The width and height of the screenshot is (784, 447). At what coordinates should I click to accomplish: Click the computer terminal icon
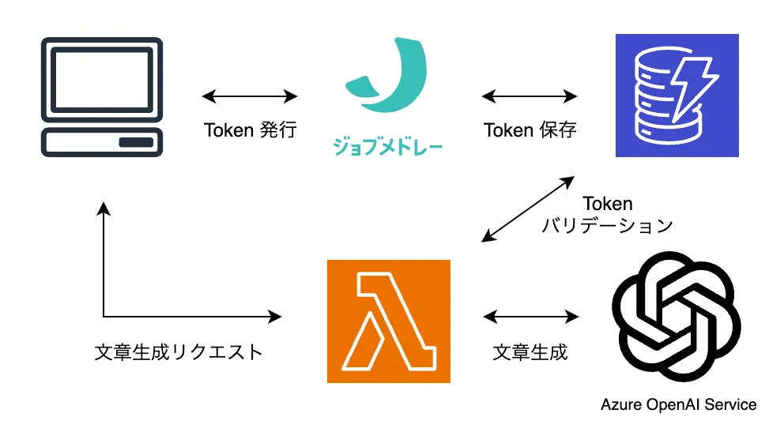(x=103, y=96)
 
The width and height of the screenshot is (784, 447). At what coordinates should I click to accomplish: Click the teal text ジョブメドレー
(x=387, y=148)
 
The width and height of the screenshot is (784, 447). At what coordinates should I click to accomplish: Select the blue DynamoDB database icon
(x=677, y=96)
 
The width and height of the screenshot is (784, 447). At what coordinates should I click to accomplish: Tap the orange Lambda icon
(x=388, y=321)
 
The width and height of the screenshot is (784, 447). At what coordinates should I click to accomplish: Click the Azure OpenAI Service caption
(x=678, y=404)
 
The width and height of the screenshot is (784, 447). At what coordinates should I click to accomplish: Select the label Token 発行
(x=250, y=130)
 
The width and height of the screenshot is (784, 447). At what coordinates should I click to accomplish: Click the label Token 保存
(x=530, y=130)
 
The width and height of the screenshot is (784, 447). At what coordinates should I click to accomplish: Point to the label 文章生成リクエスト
(x=178, y=352)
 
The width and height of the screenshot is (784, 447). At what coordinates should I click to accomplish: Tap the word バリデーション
(x=606, y=225)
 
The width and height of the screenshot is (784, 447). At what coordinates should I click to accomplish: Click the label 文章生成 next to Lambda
(x=530, y=352)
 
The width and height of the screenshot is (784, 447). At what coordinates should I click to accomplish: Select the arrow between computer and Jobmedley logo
(x=250, y=96)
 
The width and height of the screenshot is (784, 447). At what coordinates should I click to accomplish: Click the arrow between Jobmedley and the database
(x=530, y=96)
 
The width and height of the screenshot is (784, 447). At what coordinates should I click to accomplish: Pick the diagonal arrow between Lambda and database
(x=528, y=208)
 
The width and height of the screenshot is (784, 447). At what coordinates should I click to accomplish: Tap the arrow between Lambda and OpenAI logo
(x=530, y=317)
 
